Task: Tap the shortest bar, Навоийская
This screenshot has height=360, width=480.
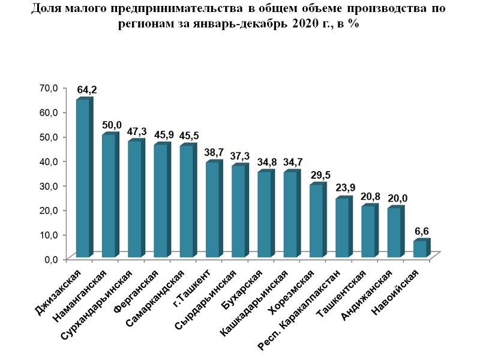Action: click(x=420, y=249)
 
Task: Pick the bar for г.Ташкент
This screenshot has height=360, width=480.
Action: click(x=212, y=210)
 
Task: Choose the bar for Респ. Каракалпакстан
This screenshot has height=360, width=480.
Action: click(x=342, y=228)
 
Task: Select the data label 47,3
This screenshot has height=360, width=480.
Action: click(x=137, y=131)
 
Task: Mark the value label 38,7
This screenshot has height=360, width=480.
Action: click(x=217, y=152)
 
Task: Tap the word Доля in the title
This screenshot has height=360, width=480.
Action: click(x=46, y=9)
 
